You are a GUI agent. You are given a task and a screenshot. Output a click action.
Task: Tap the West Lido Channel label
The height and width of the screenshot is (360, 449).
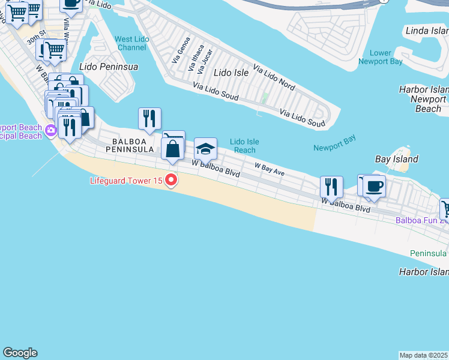(131, 43)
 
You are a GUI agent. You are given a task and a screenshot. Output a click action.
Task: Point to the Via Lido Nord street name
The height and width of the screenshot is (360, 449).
(274, 78)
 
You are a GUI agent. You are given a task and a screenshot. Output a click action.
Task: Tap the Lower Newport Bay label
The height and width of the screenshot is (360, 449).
(381, 57)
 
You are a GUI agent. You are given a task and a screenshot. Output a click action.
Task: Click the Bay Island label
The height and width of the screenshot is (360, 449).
(396, 160)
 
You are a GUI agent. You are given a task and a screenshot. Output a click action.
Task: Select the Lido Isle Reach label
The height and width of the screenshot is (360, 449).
(245, 146)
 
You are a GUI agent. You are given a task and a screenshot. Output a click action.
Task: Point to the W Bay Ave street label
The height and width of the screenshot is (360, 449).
(269, 169)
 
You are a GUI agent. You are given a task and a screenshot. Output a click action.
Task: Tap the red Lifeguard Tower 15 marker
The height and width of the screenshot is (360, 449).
(172, 179)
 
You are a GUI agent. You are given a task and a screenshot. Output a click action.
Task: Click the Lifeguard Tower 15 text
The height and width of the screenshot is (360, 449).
(127, 180)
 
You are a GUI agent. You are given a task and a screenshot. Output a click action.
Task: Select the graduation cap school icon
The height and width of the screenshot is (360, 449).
(205, 148)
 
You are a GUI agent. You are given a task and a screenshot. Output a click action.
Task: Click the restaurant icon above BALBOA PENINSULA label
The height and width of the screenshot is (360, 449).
(149, 118)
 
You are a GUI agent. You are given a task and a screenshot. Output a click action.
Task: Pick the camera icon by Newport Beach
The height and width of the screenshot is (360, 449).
(50, 130)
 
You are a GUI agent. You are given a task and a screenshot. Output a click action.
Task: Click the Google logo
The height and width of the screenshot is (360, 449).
(20, 353)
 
